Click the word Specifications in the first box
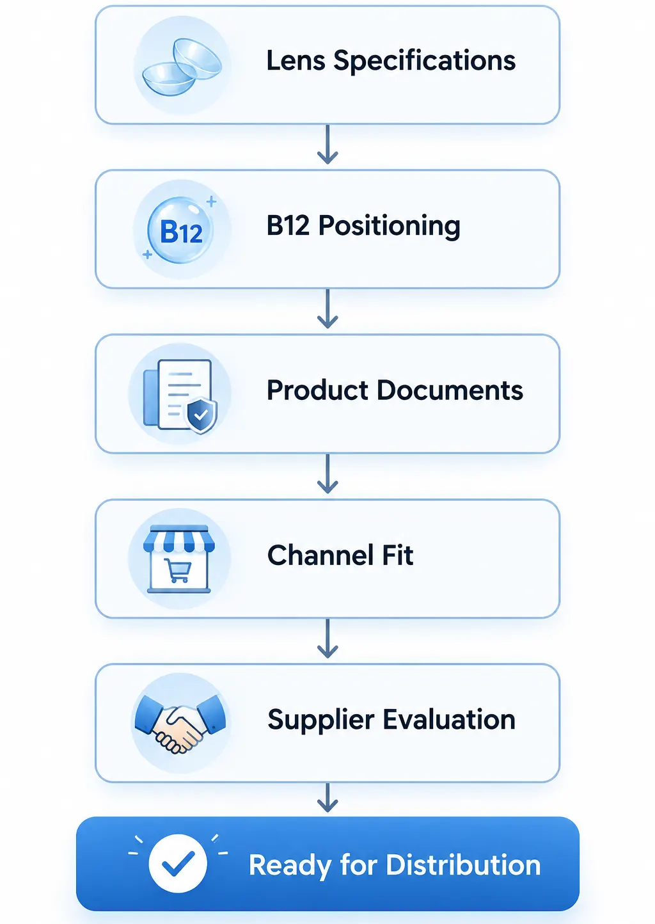(x=425, y=61)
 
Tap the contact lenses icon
(x=182, y=67)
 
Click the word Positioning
(x=389, y=227)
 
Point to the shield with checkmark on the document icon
(x=201, y=415)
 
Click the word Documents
(x=450, y=390)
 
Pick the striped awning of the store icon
(x=179, y=538)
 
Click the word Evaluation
(x=449, y=719)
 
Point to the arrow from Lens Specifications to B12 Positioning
(x=327, y=145)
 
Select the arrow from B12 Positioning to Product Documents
(x=327, y=308)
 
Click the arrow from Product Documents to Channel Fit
(x=327, y=474)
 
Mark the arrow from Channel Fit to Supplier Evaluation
(x=327, y=638)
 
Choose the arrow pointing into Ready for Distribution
(x=327, y=798)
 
